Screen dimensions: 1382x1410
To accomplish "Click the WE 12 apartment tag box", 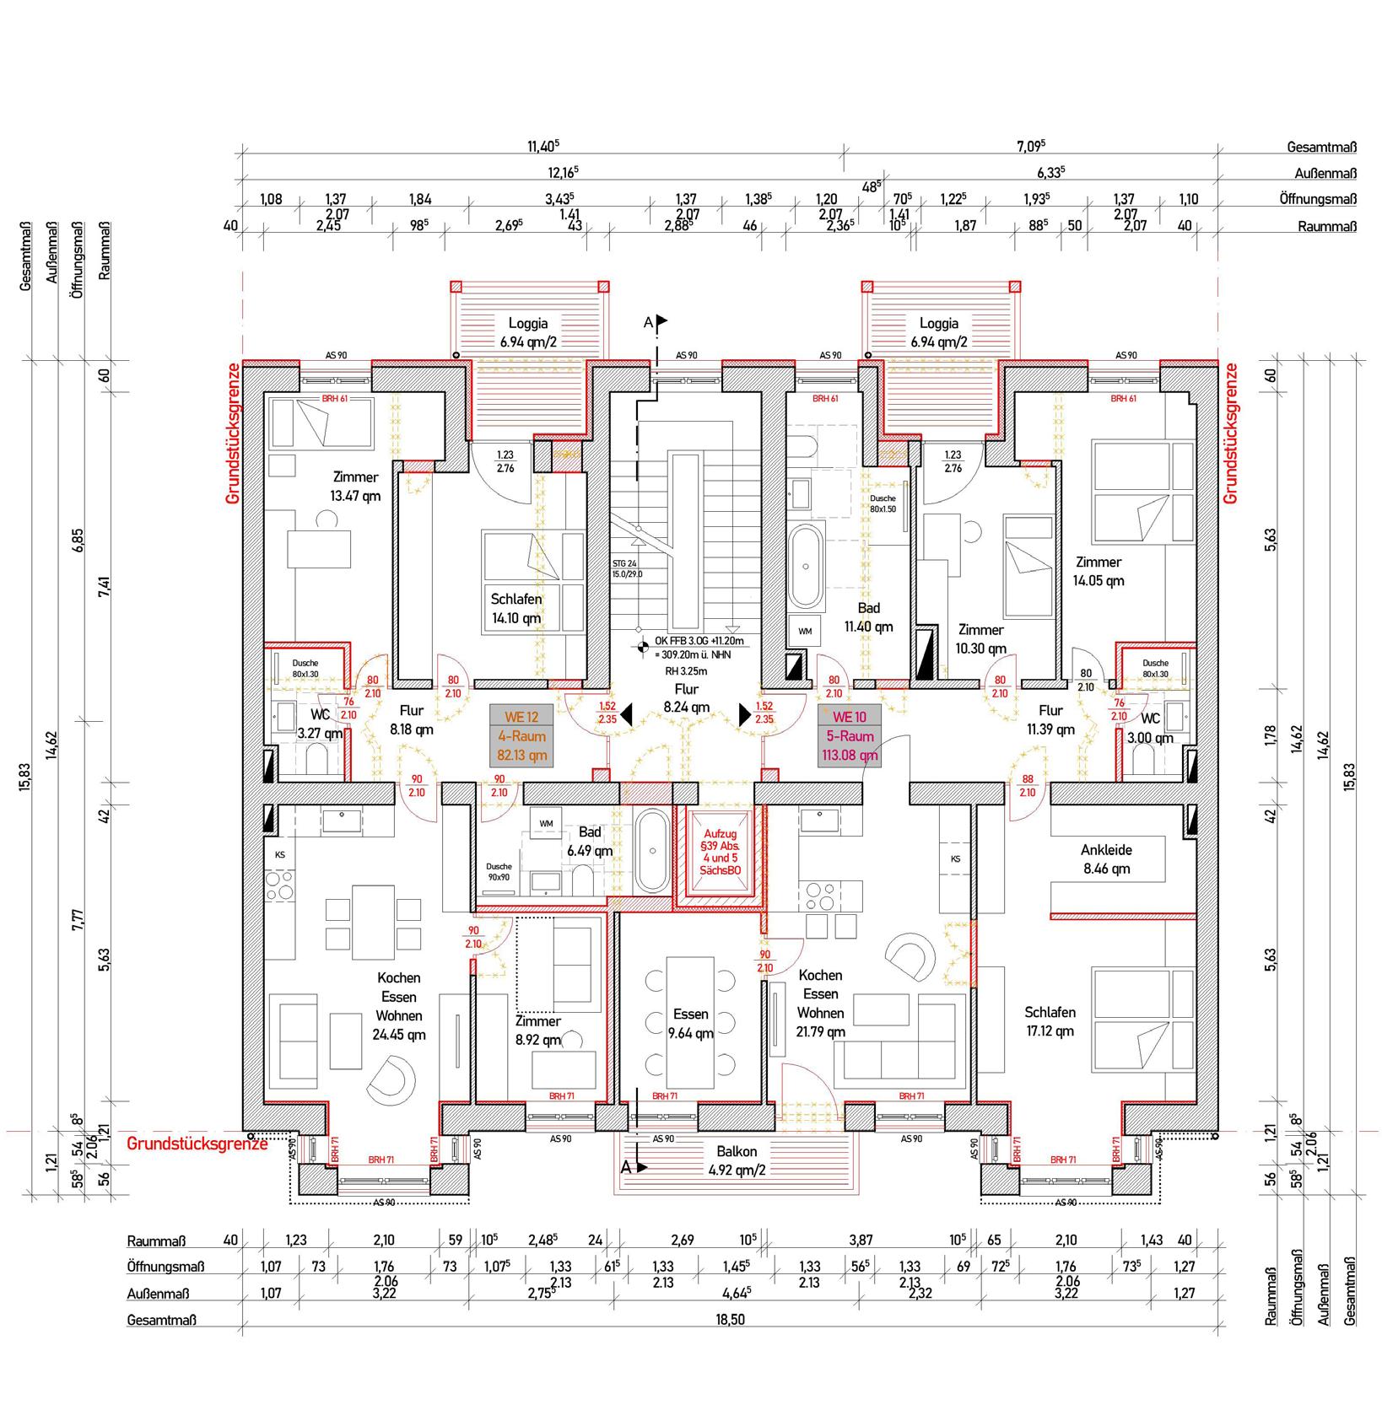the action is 521,736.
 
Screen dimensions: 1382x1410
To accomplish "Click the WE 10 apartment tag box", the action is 850,736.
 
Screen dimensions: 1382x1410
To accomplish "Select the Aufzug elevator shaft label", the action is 720,853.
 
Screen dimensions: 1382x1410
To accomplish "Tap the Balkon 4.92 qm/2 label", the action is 736,1160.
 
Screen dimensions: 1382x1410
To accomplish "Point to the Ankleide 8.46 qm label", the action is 1106,859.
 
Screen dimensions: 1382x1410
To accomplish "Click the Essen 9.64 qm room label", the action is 691,1023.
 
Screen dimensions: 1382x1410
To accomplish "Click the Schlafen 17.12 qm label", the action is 1050,1021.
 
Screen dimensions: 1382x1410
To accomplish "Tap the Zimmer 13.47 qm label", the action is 355,487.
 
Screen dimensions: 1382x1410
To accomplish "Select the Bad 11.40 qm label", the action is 868,617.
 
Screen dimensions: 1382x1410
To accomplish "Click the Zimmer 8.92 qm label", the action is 538,1031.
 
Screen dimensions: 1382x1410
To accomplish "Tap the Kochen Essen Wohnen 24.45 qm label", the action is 399,1006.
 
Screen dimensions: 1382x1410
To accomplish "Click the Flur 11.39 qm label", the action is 1050,719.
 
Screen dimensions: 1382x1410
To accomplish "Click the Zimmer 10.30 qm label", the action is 981,639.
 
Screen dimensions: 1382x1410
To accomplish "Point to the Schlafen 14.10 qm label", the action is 516,608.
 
